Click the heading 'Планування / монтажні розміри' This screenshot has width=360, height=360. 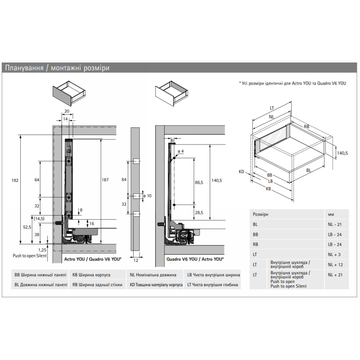click(x=57, y=68)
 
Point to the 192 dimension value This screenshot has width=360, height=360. click(x=15, y=180)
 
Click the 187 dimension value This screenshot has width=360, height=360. click(x=105, y=180)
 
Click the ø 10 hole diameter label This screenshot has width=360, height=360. click(x=147, y=195)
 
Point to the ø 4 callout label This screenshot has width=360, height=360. click(x=181, y=150)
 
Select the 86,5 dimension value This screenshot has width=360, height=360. click(x=199, y=183)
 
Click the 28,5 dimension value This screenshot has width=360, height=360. click(x=199, y=212)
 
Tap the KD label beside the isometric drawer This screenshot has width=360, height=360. click(x=242, y=171)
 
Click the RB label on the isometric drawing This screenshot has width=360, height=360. click(x=306, y=126)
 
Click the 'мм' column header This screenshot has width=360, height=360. click(x=332, y=214)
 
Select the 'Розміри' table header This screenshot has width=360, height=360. click(x=261, y=214)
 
